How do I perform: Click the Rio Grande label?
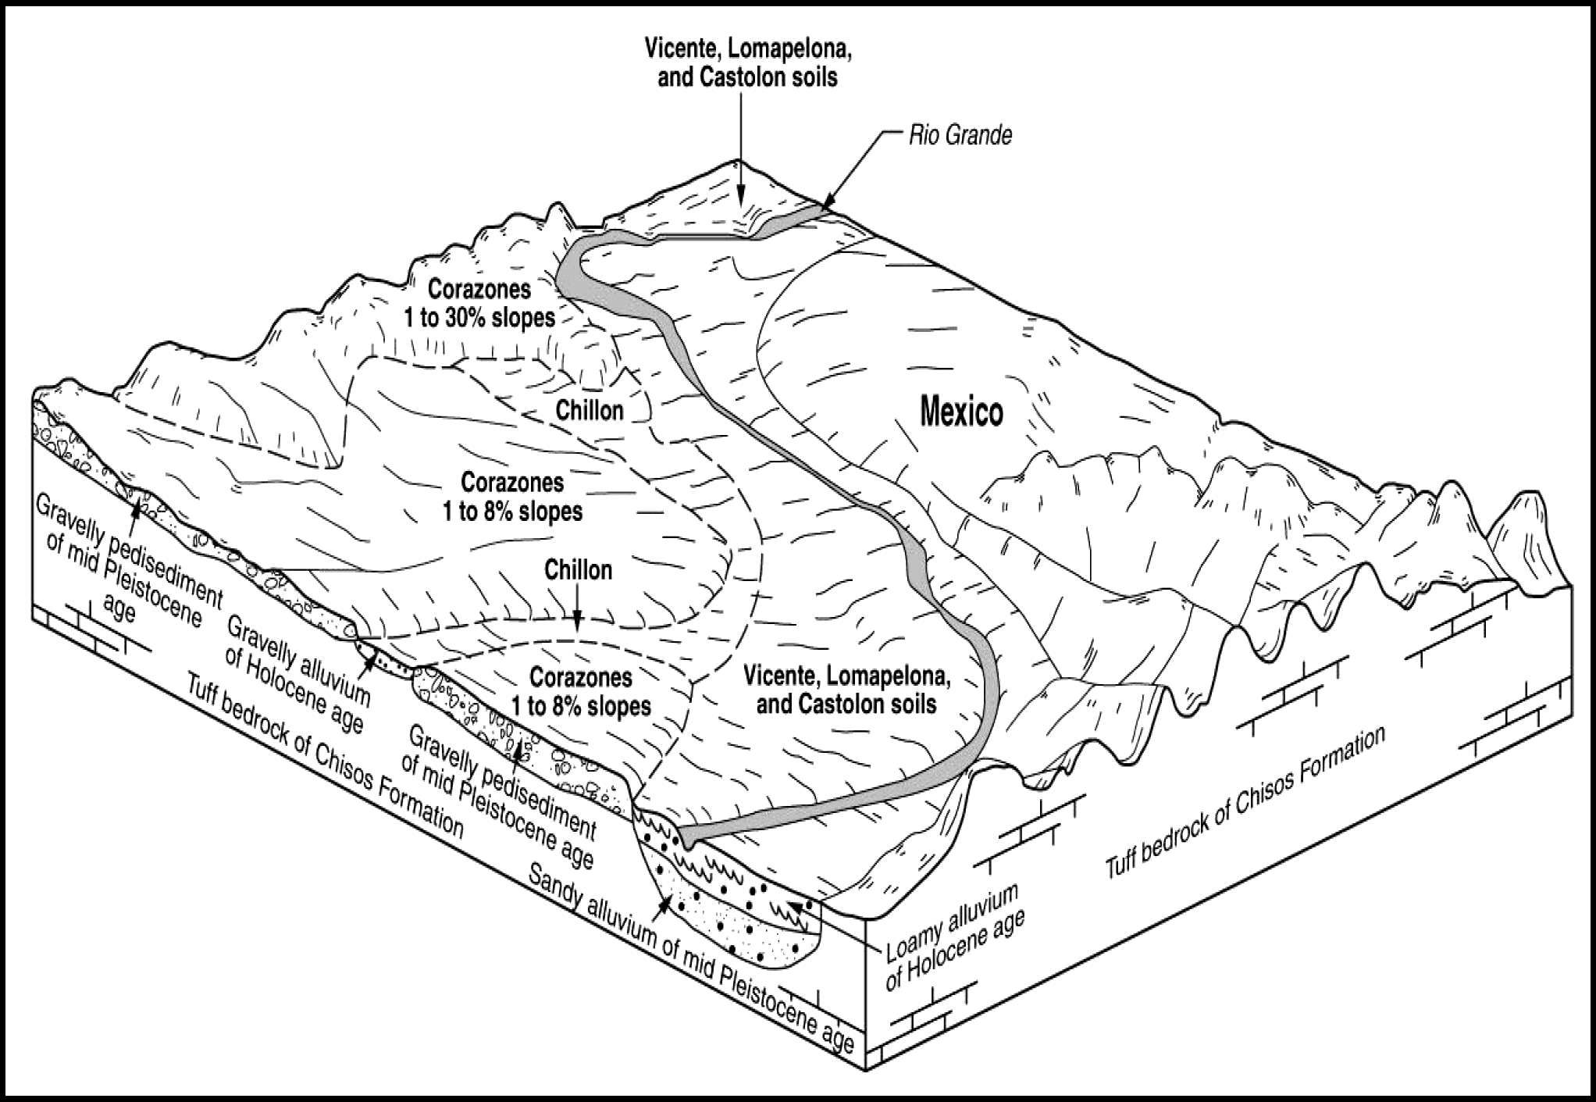pyautogui.click(x=960, y=136)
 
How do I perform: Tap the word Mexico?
pyautogui.click(x=961, y=412)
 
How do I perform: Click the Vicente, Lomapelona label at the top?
pyautogui.click(x=747, y=63)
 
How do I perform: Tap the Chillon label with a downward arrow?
pyautogui.click(x=578, y=570)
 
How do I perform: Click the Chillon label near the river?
pyautogui.click(x=590, y=411)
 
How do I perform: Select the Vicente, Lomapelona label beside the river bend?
pyautogui.click(x=846, y=690)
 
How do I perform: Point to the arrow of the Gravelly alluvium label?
pyautogui.click(x=368, y=654)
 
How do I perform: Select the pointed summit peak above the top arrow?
pyautogui.click(x=739, y=160)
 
